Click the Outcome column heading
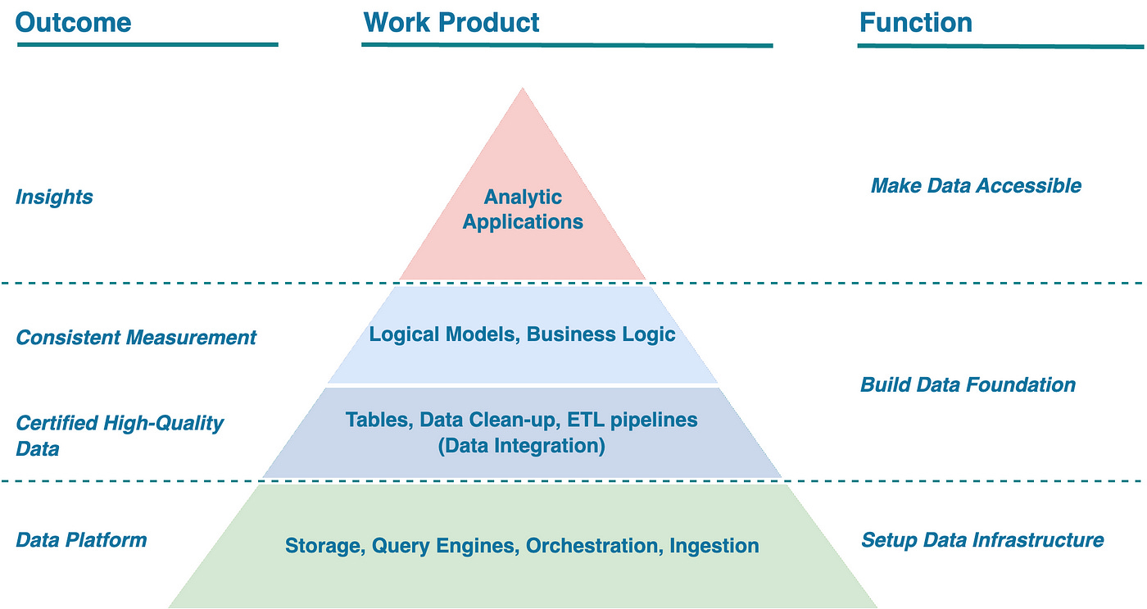point(73,22)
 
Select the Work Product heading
point(451,22)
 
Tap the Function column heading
point(915,22)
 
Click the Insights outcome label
point(54,197)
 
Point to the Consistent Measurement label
point(136,337)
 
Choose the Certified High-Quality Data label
point(120,435)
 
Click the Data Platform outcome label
point(81,539)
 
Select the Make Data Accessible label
point(976,185)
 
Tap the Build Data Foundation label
point(968,384)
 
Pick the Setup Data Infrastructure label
point(982,539)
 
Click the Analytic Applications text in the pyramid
point(523,209)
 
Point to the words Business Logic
point(601,334)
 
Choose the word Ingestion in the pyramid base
point(714,545)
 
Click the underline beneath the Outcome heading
point(147,44)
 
